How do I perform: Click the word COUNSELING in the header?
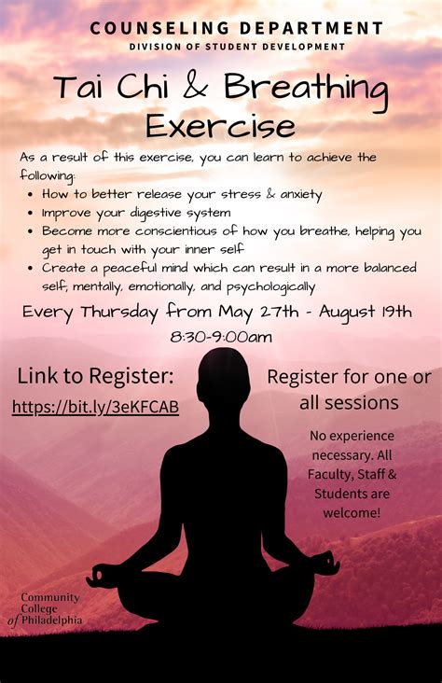[159, 28]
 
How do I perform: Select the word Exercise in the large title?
[220, 125]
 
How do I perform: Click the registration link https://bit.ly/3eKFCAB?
[95, 407]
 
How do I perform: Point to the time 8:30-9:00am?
[221, 337]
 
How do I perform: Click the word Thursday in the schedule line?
[119, 313]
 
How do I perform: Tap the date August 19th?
[365, 312]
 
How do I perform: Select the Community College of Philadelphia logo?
[45, 609]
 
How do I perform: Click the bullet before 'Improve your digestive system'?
[30, 214]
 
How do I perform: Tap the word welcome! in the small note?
[352, 512]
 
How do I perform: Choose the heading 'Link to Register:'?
[95, 376]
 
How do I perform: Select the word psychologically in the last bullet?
[270, 287]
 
